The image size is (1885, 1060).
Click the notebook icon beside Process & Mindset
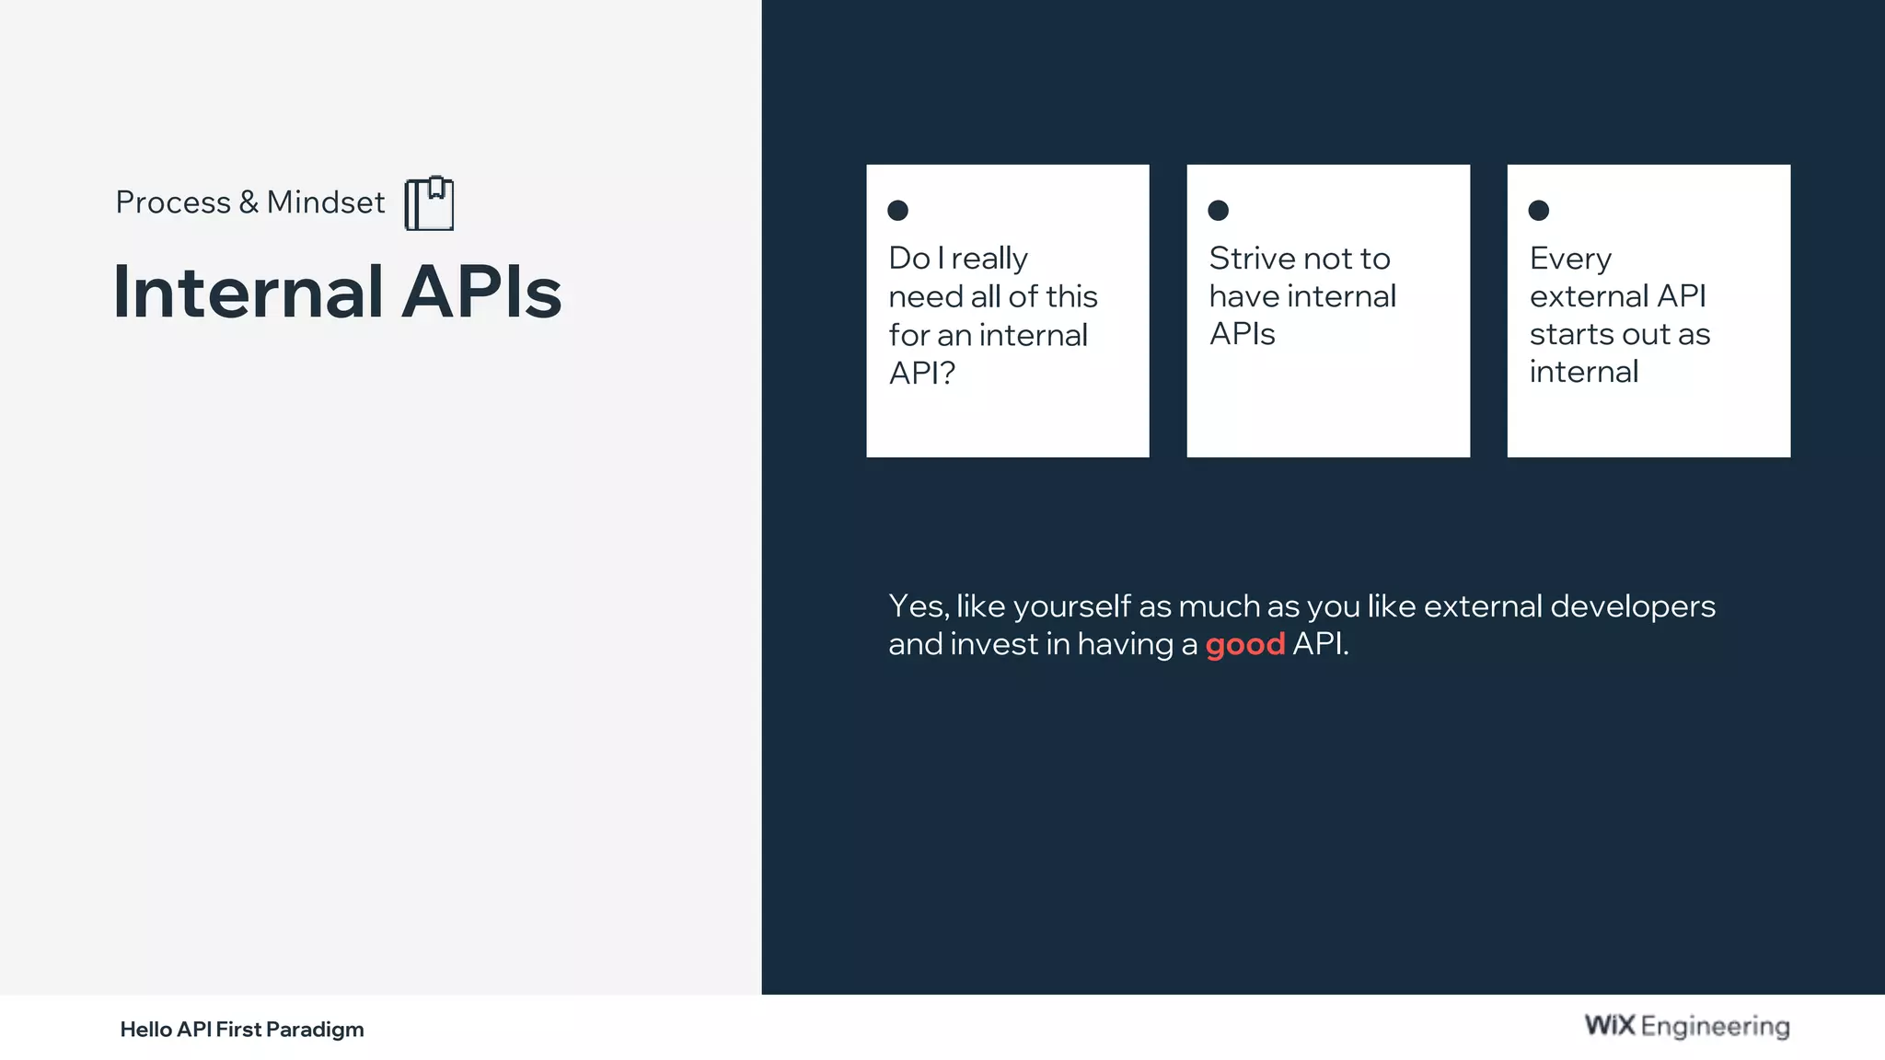pyautogui.click(x=429, y=203)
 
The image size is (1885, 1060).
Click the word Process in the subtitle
pyautogui.click(x=173, y=202)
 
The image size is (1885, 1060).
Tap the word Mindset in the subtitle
pyautogui.click(x=326, y=202)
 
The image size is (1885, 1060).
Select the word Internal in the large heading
pyautogui.click(x=248, y=293)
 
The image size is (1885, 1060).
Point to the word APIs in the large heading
pyautogui.click(x=481, y=293)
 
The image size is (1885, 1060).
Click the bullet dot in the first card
pyautogui.click(x=897, y=211)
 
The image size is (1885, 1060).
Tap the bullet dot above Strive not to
pyautogui.click(x=1218, y=211)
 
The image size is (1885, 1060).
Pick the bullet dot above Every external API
pyautogui.click(x=1538, y=211)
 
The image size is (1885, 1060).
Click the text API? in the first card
pyautogui.click(x=921, y=373)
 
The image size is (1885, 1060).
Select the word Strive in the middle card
pyautogui.click(x=1247, y=259)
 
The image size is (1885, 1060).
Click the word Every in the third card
pyautogui.click(x=1570, y=259)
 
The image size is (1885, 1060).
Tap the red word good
pyautogui.click(x=1244, y=645)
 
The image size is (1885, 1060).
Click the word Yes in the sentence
pyautogui.click(x=917, y=606)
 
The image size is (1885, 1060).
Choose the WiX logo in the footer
pyautogui.click(x=1609, y=1025)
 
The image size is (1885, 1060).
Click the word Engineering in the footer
pyautogui.click(x=1715, y=1027)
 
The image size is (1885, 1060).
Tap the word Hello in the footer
pyautogui.click(x=145, y=1029)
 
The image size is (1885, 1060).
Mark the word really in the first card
pyautogui.click(x=989, y=259)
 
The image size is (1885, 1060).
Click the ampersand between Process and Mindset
pyautogui.click(x=249, y=202)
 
